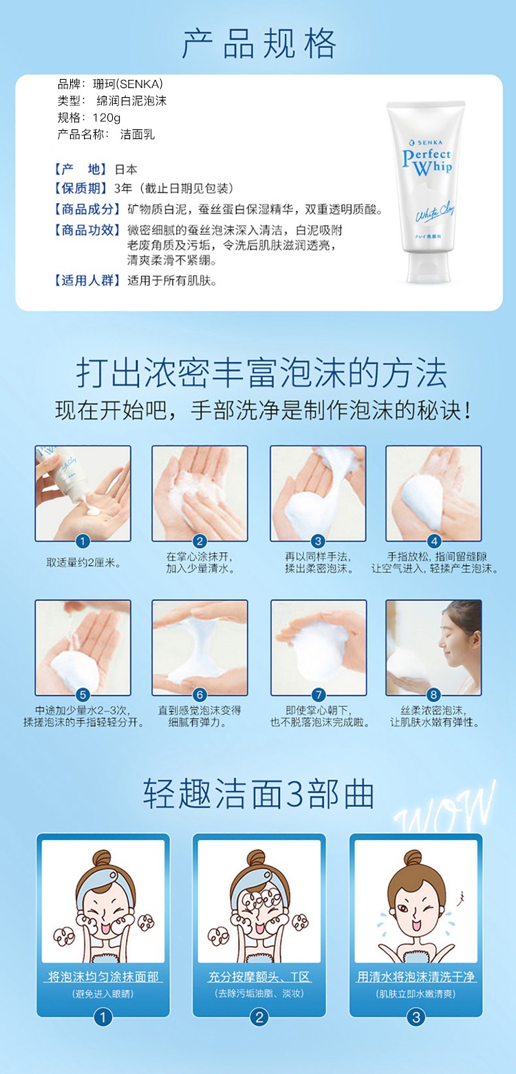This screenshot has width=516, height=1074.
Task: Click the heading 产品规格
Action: (259, 43)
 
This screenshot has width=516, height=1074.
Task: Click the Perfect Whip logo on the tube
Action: (427, 162)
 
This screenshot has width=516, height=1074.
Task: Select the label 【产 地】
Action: (79, 169)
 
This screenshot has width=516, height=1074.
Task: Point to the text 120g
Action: (107, 118)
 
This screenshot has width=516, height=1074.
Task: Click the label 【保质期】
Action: (79, 188)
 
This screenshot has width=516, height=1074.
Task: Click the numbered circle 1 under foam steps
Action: (83, 541)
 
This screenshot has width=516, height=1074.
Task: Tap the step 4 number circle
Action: (434, 541)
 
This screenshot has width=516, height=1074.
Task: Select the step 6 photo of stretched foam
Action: (200, 648)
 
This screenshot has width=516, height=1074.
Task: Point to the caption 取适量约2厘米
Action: (83, 563)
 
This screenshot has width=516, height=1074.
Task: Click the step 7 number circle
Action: (318, 695)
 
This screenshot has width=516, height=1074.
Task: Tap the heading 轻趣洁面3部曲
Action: (259, 794)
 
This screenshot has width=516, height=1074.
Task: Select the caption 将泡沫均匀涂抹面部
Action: (103, 977)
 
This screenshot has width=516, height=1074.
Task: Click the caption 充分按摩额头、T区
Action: (259, 977)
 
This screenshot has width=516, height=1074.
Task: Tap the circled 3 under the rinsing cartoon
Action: (416, 1018)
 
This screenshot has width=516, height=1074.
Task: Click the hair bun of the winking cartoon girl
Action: (413, 857)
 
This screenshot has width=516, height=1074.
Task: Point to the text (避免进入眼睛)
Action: (103, 994)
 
